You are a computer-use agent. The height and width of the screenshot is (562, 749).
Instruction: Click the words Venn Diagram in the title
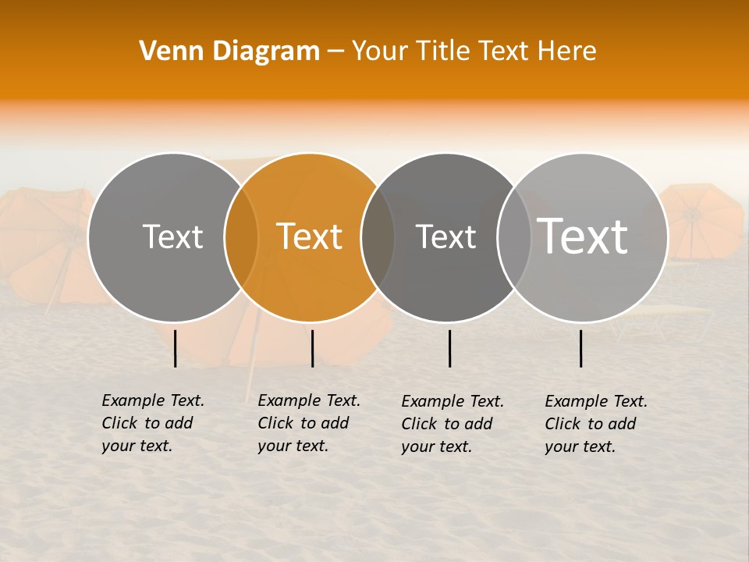point(229,52)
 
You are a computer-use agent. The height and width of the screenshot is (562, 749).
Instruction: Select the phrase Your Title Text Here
point(474,52)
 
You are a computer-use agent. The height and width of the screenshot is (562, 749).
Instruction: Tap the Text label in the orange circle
point(310,237)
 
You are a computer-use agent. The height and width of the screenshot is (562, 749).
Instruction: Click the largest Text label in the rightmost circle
point(583,236)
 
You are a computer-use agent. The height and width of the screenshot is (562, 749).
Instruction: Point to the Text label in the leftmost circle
point(172,237)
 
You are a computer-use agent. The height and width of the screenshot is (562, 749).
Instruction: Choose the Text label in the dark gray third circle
point(445,237)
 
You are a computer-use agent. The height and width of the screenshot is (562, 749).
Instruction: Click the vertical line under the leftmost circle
point(176,348)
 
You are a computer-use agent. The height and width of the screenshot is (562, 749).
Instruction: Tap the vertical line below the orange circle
point(312,348)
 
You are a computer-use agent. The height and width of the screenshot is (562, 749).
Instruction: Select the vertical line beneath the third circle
point(449,348)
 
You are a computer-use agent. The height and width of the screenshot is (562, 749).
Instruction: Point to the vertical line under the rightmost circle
point(580,348)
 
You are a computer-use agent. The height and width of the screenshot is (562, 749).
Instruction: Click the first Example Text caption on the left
point(152,423)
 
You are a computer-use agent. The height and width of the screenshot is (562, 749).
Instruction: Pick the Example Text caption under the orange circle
point(308,423)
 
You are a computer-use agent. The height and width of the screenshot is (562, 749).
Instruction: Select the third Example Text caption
point(452,424)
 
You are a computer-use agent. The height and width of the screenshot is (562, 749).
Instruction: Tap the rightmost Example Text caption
point(595,424)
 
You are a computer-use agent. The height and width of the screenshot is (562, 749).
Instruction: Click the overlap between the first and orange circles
point(241,237)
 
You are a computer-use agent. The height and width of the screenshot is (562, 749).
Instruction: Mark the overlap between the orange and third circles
point(378,237)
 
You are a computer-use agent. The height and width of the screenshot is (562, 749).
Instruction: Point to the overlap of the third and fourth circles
point(514,237)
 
